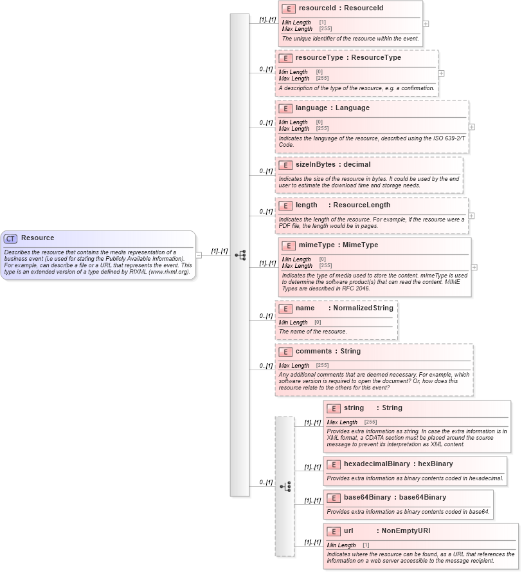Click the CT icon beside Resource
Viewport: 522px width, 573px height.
coord(11,238)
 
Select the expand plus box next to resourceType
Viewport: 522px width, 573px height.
coord(441,73)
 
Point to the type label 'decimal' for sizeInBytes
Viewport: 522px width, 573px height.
coord(357,164)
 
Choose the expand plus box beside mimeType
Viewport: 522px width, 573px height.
coord(474,267)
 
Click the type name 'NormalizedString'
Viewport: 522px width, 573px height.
coord(363,308)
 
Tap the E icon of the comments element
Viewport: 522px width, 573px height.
coord(285,352)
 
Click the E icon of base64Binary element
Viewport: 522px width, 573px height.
coord(334,498)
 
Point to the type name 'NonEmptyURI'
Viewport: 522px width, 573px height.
coord(406,531)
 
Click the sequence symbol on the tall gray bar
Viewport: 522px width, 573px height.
coord(240,255)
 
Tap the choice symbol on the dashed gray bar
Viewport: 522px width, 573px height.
coord(285,486)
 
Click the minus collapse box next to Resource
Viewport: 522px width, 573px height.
coord(199,255)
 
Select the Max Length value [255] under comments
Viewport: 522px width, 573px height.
coord(322,366)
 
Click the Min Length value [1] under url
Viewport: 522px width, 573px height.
coord(366,545)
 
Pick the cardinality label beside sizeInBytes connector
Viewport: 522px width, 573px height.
coord(265,171)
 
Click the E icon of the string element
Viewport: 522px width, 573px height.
coord(334,408)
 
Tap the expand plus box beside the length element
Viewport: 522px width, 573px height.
coord(471,216)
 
